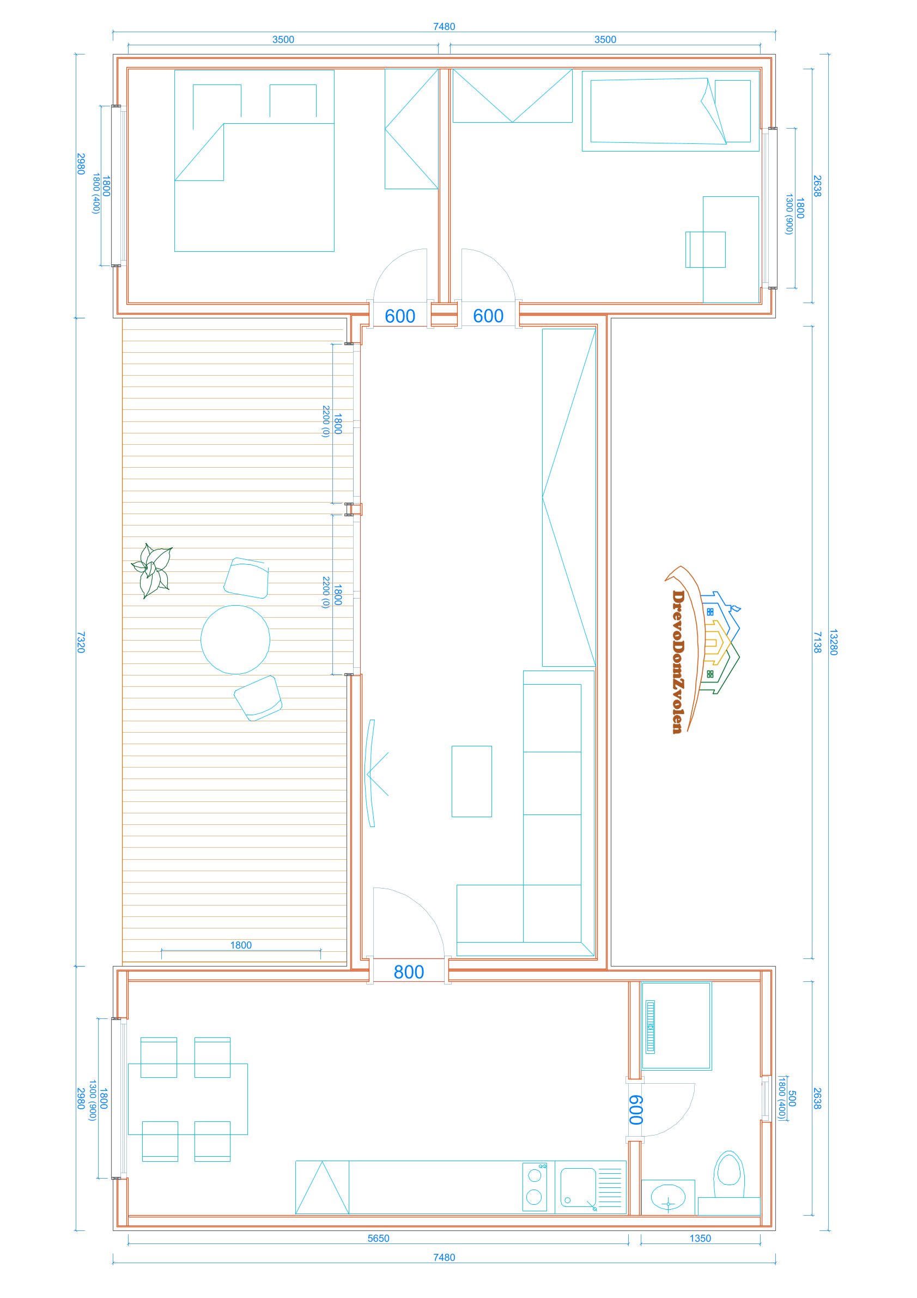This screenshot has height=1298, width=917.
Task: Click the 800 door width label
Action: point(409,972)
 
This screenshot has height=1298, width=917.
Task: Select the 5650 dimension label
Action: point(378,1238)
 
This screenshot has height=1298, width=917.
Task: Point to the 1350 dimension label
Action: point(700,1238)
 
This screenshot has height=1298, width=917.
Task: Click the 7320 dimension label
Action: point(80,642)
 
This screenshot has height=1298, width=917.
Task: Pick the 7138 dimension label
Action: point(817,642)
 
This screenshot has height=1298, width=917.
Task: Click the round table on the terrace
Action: point(235,640)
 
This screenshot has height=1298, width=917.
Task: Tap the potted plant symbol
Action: point(152,570)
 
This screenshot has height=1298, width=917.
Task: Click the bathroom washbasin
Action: point(669,1197)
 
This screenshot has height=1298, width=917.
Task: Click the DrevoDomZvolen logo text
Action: point(678,662)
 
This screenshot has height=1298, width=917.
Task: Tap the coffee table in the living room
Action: point(472,781)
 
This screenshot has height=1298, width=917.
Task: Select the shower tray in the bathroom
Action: point(676,1026)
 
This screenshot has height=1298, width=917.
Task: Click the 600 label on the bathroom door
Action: point(636,1110)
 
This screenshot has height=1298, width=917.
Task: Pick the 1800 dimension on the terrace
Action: point(241,945)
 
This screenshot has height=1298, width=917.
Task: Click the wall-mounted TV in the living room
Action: point(371,774)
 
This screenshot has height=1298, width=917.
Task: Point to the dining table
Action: point(188,1099)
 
